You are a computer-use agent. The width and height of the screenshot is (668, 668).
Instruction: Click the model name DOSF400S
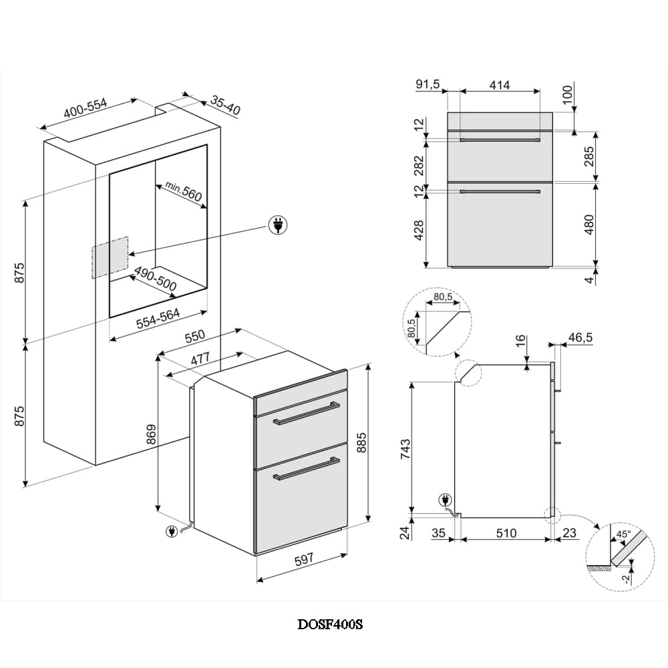pyautogui.click(x=330, y=625)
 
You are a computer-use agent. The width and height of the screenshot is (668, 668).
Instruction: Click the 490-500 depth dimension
pyautogui.click(x=156, y=280)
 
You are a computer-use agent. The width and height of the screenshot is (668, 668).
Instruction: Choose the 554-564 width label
pyautogui.click(x=158, y=321)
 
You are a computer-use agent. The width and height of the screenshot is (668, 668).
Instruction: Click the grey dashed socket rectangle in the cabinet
pyautogui.click(x=109, y=257)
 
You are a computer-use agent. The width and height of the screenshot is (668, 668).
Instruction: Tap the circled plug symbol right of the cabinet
pyautogui.click(x=277, y=226)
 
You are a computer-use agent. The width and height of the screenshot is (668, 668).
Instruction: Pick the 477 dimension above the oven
pyautogui.click(x=201, y=359)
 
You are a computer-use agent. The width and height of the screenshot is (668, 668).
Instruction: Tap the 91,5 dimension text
pyautogui.click(x=428, y=85)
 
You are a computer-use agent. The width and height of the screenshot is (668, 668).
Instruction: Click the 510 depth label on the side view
pyautogui.click(x=506, y=533)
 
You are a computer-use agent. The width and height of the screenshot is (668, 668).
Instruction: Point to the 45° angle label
pyautogui.click(x=623, y=534)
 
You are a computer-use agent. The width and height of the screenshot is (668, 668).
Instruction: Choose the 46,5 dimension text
pyautogui.click(x=580, y=338)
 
